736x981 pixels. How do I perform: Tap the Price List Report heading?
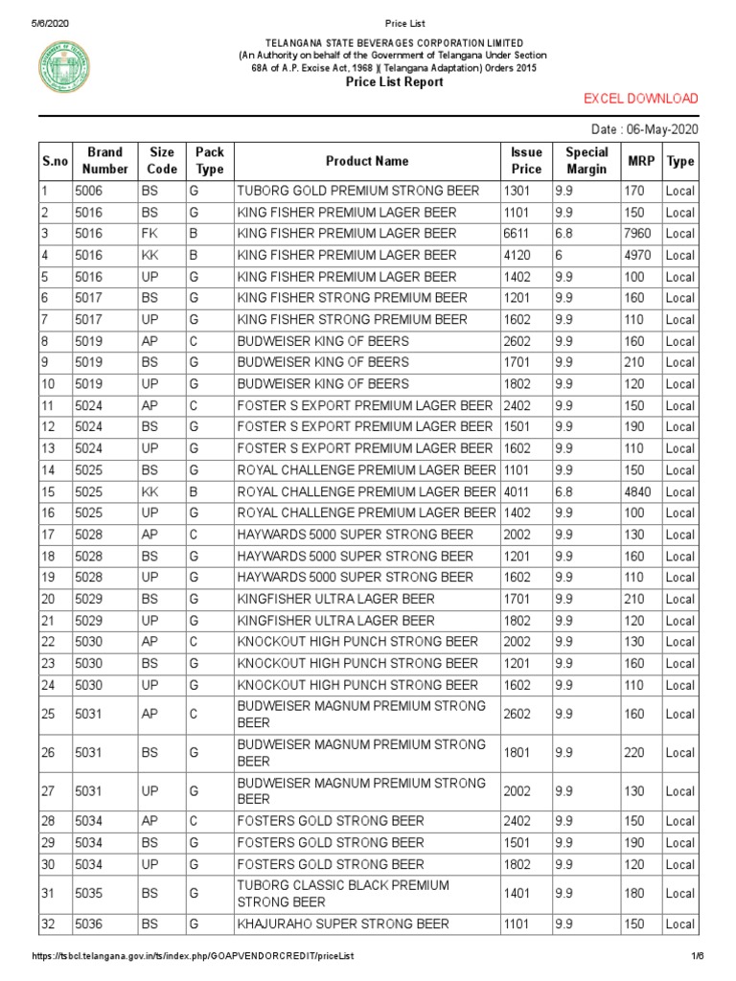[x=394, y=82]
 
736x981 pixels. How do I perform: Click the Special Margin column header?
[x=586, y=161]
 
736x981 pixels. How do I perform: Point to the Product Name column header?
[x=367, y=161]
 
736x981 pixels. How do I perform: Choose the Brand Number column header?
[x=104, y=161]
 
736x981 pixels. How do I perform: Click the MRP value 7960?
[x=641, y=234]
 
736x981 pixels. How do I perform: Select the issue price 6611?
[x=517, y=234]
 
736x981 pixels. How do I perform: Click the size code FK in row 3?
[x=150, y=234]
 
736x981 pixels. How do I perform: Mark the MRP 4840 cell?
[x=641, y=491]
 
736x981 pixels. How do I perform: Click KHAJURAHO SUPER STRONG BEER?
[x=343, y=924]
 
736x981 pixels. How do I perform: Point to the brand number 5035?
[x=88, y=893]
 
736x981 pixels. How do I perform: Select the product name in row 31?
[x=342, y=893]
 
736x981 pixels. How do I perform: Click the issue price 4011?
[x=517, y=491]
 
